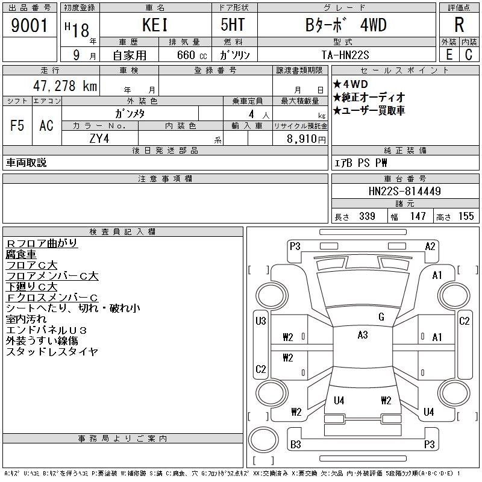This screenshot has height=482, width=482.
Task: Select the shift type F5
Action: (17, 125)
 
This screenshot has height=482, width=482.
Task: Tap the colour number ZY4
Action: (99, 138)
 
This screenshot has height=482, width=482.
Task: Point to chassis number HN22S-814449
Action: (405, 191)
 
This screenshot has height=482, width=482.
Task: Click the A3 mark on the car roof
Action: (362, 335)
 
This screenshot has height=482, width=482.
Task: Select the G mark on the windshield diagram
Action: (381, 317)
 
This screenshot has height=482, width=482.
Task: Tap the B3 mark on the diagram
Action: (296, 445)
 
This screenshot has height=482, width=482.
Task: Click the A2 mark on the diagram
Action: (430, 246)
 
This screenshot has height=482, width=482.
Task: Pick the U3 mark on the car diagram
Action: (260, 321)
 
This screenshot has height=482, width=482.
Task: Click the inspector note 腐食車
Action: (21, 254)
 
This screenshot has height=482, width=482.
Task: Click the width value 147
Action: (418, 216)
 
